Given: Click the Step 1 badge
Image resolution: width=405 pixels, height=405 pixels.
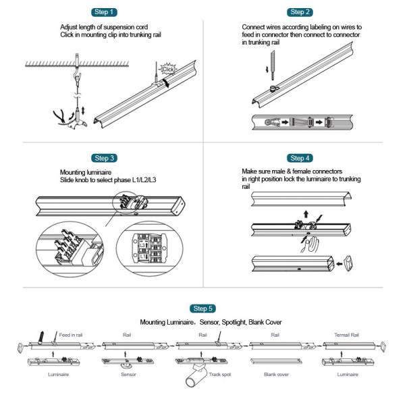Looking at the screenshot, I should (105, 11).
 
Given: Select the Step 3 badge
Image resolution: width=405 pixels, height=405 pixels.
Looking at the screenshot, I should (105, 158).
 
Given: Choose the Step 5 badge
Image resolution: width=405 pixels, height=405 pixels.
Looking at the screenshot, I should (202, 308).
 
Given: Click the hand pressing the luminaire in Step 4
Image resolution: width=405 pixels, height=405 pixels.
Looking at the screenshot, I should (310, 242).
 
